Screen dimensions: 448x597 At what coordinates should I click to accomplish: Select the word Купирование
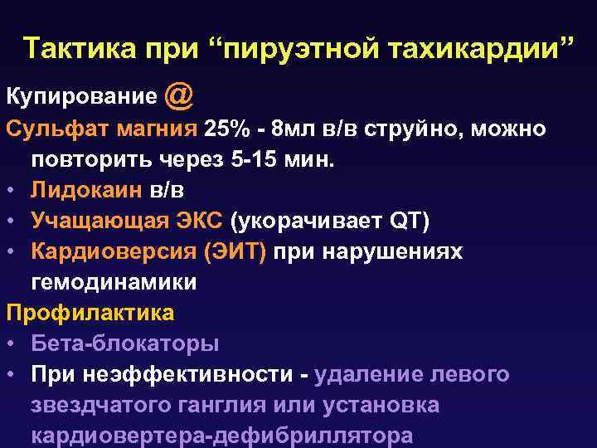pos(80,99)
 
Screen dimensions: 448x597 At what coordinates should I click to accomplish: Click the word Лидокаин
pos(87,190)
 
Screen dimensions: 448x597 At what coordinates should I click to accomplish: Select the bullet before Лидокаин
pos(12,191)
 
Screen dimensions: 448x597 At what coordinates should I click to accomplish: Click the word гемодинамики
pos(114,282)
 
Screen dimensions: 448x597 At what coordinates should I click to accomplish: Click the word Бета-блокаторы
pos(124,343)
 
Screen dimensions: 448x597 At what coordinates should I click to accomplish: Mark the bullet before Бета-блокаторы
pos(12,344)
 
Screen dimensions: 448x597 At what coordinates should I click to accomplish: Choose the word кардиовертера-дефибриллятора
pos(221,436)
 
